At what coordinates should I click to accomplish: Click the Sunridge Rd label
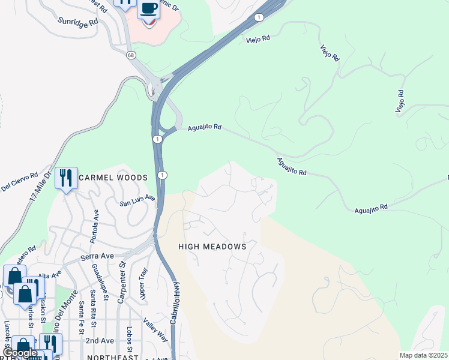click(x=77, y=21)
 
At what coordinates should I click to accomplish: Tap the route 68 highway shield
click(x=131, y=55)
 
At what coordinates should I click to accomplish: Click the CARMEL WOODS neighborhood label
click(x=113, y=178)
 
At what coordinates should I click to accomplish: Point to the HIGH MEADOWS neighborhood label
click(x=212, y=247)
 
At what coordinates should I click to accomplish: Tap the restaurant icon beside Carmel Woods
click(x=66, y=178)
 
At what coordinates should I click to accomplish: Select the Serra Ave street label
click(x=98, y=256)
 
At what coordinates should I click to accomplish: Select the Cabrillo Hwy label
click(x=175, y=303)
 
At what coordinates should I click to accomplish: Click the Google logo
click(x=19, y=353)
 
